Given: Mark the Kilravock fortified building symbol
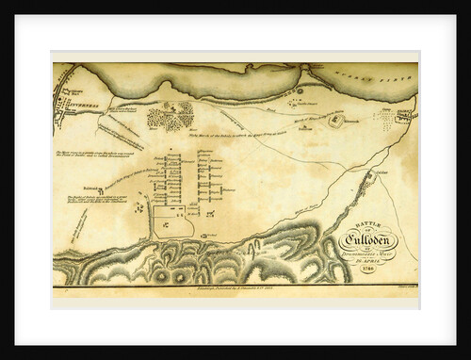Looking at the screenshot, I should coord(336,119).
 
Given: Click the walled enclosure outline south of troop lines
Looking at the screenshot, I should coord(170,224).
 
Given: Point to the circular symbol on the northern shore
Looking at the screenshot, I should coord(300,90).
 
